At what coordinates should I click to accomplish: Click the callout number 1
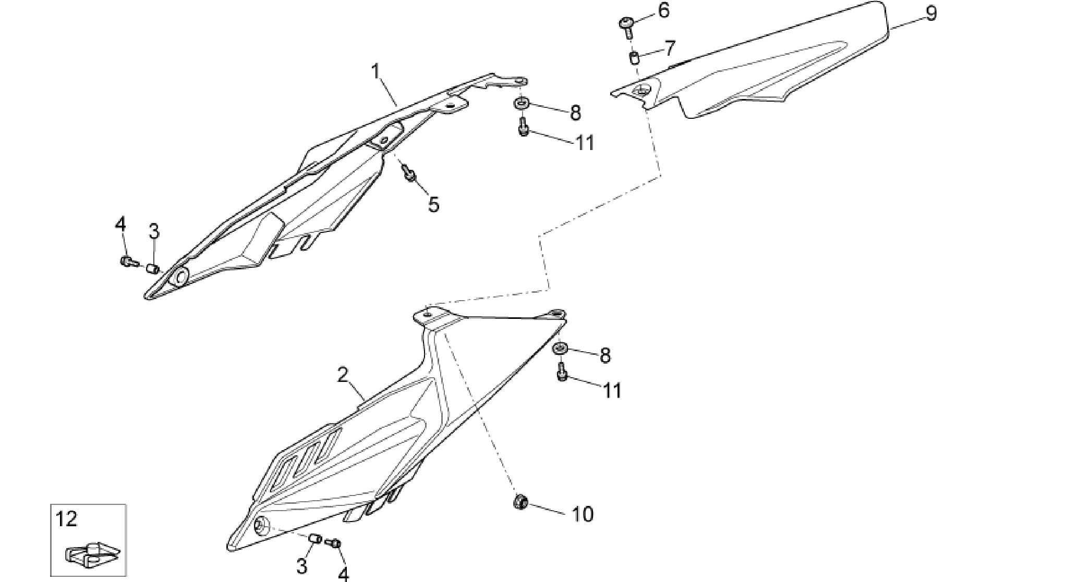click(375, 71)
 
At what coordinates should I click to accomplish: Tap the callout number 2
click(343, 375)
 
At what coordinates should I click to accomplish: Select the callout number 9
click(931, 13)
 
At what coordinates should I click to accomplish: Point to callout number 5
click(434, 204)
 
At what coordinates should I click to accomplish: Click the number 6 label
click(663, 10)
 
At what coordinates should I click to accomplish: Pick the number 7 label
click(669, 48)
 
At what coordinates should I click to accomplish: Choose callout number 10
click(583, 514)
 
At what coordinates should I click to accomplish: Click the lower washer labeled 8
click(560, 348)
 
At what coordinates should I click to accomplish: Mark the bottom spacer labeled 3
click(314, 538)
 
